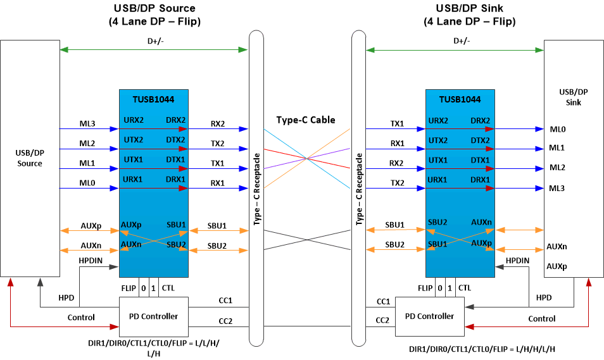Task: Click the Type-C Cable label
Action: point(306,120)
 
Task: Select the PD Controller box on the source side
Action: point(153,316)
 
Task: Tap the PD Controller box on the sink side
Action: point(429,316)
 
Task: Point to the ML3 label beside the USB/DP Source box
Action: point(87,123)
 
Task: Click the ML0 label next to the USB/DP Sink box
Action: point(558,129)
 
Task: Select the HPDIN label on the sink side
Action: point(517,260)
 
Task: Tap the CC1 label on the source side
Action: point(226,302)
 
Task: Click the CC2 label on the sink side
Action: point(382,320)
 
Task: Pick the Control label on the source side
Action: point(80,317)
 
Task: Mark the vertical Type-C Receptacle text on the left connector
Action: point(257,190)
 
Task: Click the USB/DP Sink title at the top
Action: point(469,8)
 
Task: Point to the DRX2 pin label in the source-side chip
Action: point(175,120)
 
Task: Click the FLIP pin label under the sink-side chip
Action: point(425,288)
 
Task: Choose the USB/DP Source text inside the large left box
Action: point(30,158)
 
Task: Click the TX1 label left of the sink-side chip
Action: point(397,123)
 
